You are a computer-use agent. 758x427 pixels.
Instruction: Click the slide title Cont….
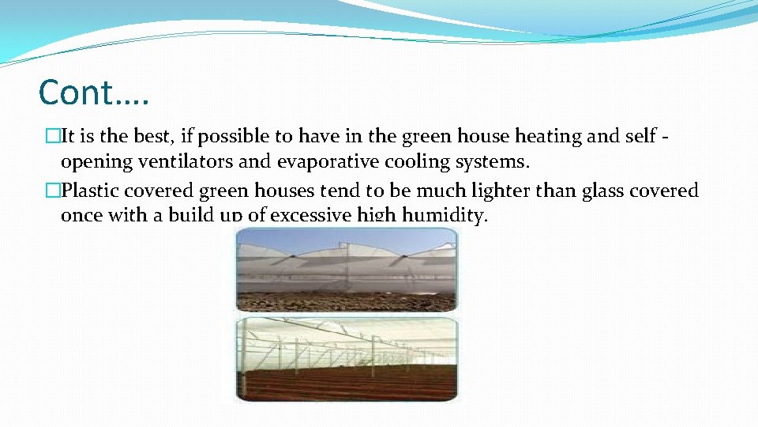pyautogui.click(x=94, y=93)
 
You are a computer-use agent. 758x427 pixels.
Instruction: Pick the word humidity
pyautogui.click(x=447, y=215)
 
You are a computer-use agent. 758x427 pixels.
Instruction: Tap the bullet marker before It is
pyautogui.click(x=53, y=137)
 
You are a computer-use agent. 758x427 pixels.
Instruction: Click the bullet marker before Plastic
pyautogui.click(x=53, y=191)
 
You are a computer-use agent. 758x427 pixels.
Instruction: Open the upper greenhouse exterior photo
pyautogui.click(x=347, y=269)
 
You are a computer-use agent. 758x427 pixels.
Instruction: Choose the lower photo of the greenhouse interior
pyautogui.click(x=347, y=360)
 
